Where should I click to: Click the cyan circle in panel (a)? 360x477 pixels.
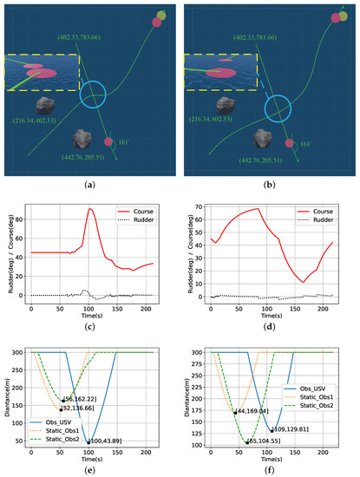(x=94, y=95)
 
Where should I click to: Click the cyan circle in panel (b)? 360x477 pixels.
(x=276, y=108)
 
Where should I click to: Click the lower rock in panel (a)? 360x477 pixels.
(x=85, y=139)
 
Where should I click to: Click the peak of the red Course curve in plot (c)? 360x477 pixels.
(x=89, y=209)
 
